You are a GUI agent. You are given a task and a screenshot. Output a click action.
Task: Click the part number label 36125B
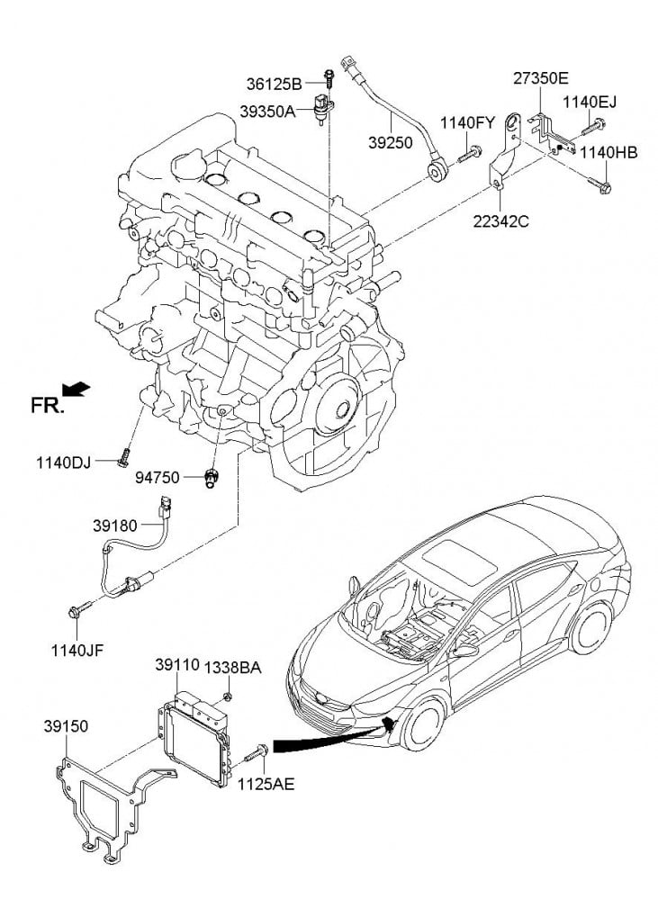[274, 85]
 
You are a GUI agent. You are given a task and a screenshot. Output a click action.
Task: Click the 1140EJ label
[590, 101]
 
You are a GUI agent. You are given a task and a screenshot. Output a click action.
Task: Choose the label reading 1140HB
[608, 153]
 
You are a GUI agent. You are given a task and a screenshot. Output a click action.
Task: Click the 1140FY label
[467, 122]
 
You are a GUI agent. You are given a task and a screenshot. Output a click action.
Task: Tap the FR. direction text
[48, 406]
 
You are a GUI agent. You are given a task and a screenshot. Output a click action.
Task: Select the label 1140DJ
[64, 463]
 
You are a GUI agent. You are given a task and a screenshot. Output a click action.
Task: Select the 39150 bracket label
[66, 725]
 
